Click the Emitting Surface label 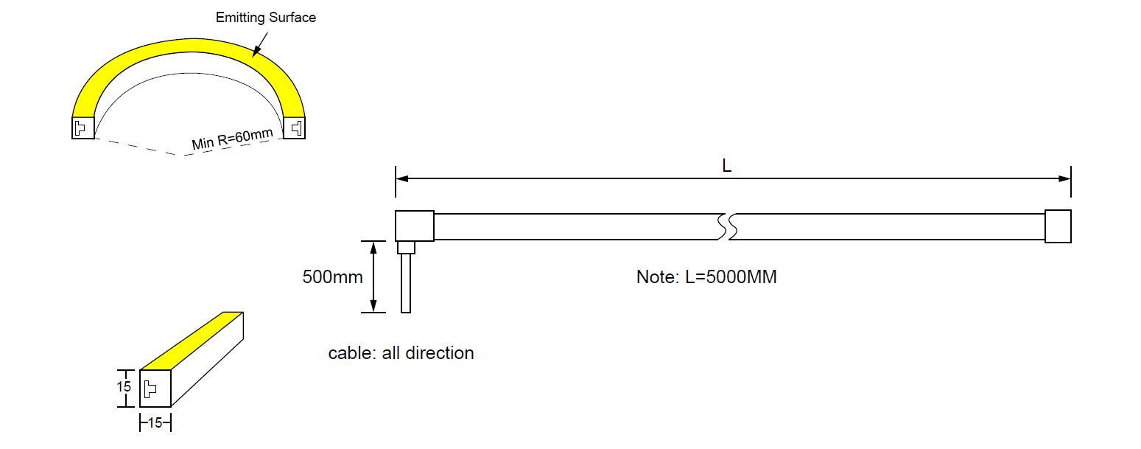tap(266, 18)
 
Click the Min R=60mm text tap(232, 138)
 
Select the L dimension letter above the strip tap(726, 167)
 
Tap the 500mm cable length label tap(332, 277)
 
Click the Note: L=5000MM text tap(706, 277)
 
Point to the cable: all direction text tap(401, 353)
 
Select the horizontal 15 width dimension tap(155, 423)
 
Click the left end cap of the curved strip tap(82, 128)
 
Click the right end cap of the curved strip tap(295, 128)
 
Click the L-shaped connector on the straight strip tap(414, 226)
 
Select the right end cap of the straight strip tap(1058, 226)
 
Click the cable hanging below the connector tap(406, 283)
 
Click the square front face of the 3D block tap(155, 388)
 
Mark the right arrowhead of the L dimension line tap(1064, 178)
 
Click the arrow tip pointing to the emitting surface tap(253, 56)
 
